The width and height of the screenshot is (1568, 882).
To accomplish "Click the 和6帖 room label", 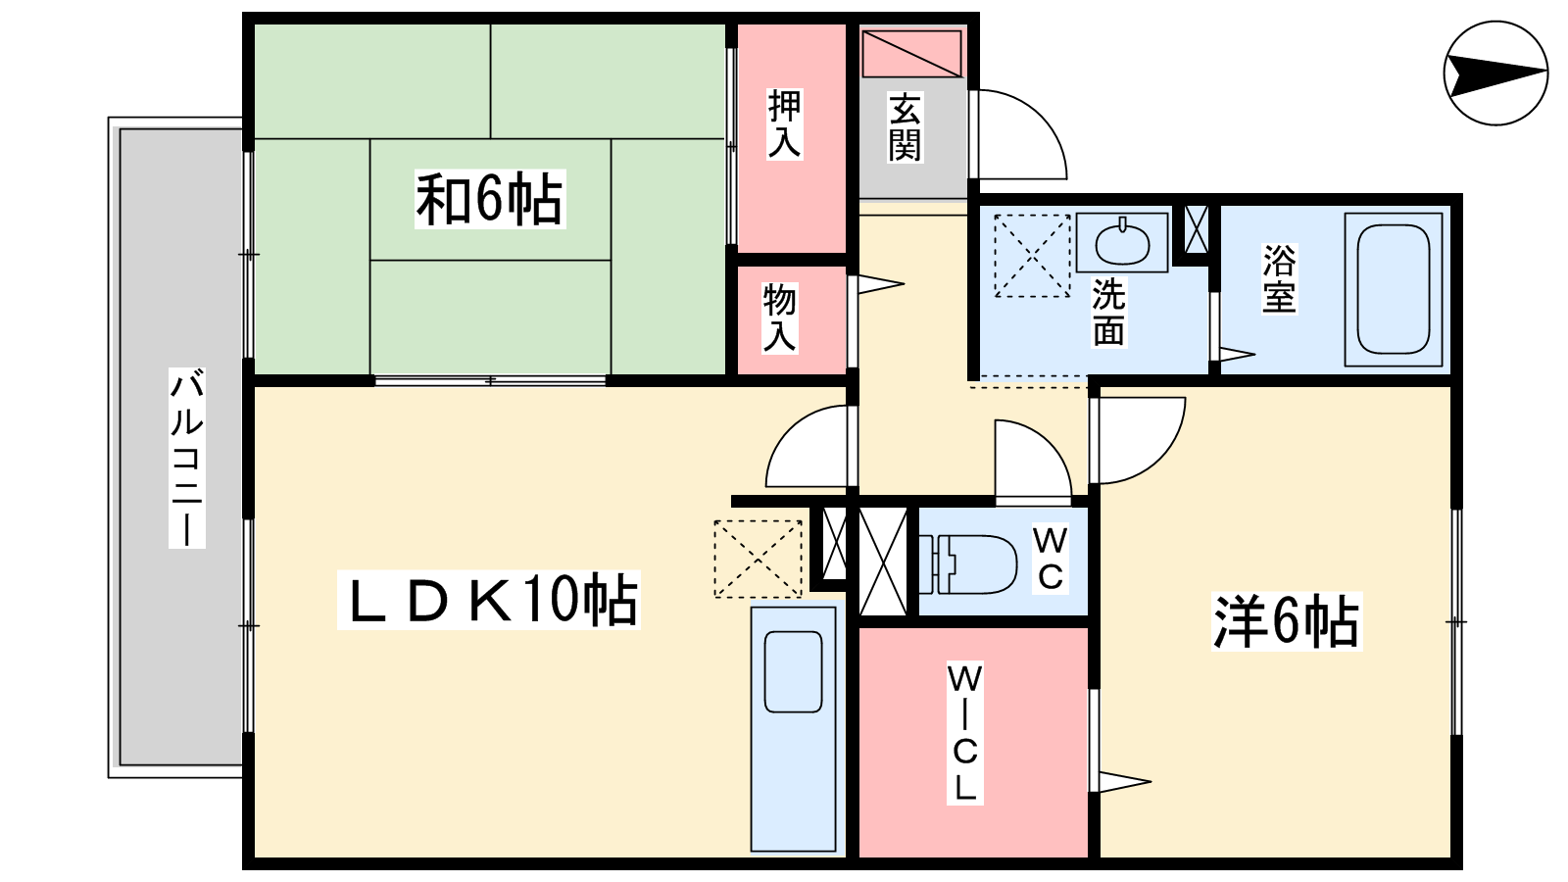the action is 490,199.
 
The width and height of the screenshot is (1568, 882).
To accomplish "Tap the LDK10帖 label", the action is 489,600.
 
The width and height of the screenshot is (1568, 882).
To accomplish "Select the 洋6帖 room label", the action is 1287,621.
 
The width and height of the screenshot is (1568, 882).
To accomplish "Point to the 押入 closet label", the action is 784,123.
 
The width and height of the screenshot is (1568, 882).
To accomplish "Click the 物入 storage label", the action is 780,318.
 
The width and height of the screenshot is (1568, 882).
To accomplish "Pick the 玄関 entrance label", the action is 905,126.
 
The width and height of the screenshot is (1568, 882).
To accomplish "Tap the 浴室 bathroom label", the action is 1280,278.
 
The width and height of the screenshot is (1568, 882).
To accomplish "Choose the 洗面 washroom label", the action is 1109,312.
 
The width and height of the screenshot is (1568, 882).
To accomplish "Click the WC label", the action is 1051,559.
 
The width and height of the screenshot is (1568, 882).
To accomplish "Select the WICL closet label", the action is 965,732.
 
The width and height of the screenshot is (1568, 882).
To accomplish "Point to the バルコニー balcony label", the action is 187,457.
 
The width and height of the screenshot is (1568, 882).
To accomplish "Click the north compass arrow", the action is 1495,73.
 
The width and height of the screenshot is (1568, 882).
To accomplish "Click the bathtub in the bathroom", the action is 1393,290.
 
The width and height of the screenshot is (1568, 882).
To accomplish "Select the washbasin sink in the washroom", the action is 1122,242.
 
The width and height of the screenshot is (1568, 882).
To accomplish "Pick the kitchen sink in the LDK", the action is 793,671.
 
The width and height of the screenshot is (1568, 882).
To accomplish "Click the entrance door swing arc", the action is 1022,133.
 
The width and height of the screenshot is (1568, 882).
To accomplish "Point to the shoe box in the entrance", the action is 911,53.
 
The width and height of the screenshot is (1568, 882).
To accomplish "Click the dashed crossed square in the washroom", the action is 1033,256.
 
